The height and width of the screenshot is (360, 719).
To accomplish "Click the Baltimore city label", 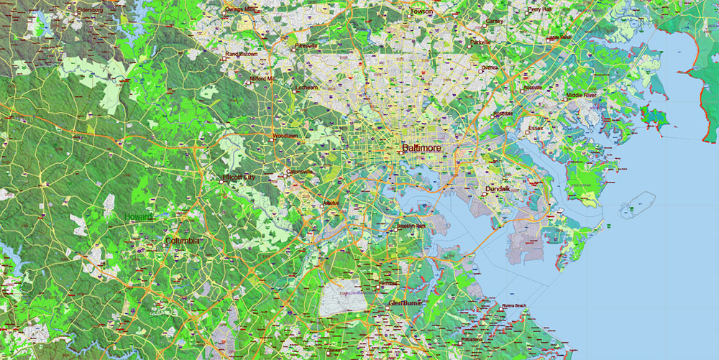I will coord(421,149).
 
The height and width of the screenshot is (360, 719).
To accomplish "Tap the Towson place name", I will coord(421,11).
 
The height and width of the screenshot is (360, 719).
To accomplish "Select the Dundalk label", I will coord(498,189).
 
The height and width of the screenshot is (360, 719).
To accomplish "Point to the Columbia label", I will coord(182,241).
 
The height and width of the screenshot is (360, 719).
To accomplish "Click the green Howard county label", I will coord(138,217).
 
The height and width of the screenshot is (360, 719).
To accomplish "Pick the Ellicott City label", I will coord(239,177).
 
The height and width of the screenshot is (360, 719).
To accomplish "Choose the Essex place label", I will coord(536,129).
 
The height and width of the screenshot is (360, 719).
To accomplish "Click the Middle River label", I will coord(582,95).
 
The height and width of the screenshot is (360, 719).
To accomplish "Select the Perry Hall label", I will coord(540,10).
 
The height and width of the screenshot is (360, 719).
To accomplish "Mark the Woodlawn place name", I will coord(285,135).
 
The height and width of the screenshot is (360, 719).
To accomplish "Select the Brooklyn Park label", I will coord(412,227).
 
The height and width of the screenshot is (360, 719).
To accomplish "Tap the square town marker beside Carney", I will coord(483,22).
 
